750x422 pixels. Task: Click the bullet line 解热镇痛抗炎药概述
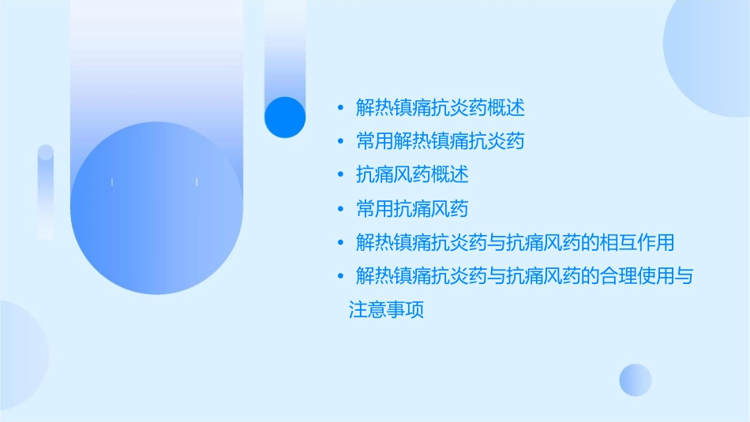441,107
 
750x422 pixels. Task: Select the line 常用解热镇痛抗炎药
441,141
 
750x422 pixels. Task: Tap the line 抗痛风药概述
412,175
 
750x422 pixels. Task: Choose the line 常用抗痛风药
412,209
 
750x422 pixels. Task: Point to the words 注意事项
387,310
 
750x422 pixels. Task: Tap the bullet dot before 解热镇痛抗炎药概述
340,108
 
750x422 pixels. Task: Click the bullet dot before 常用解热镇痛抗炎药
340,142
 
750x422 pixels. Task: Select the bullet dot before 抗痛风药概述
340,176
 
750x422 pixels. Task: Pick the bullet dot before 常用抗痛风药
340,210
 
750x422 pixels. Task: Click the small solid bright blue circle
285,118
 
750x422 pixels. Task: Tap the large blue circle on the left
156,208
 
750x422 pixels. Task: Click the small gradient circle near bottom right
636,379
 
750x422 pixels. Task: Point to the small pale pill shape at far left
46,192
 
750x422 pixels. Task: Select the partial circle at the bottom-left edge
20,355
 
